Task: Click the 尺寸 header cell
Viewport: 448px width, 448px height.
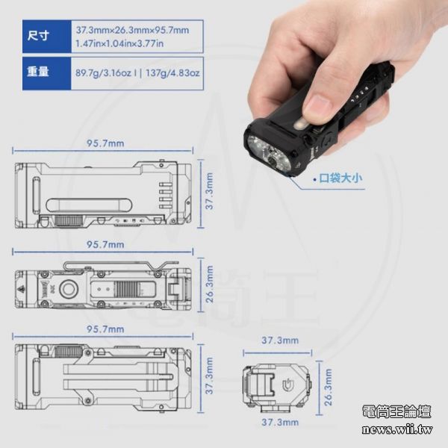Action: pyautogui.click(x=46, y=37)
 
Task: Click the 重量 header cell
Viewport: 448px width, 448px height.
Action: pyautogui.click(x=46, y=73)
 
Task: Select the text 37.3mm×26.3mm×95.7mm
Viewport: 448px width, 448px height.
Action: pyautogui.click(x=132, y=31)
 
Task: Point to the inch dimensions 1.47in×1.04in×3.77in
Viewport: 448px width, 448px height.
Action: pyautogui.click(x=119, y=44)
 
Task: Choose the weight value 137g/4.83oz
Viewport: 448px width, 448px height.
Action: pyautogui.click(x=172, y=73)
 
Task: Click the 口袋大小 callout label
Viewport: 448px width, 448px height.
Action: pyautogui.click(x=340, y=178)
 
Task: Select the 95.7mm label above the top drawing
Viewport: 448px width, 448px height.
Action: pyautogui.click(x=105, y=143)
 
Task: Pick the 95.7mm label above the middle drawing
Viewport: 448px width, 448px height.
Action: pyautogui.click(x=105, y=245)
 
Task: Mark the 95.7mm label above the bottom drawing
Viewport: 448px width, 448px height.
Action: pyautogui.click(x=105, y=329)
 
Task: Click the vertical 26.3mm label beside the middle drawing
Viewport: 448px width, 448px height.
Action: pyautogui.click(x=210, y=284)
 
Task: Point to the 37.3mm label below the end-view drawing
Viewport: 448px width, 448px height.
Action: pyautogui.click(x=280, y=423)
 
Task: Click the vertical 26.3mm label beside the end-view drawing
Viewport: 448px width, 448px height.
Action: pyautogui.click(x=329, y=387)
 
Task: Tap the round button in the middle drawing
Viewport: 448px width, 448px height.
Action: pyautogui.click(x=68, y=290)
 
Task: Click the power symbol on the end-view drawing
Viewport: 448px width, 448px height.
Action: pyautogui.click(x=287, y=385)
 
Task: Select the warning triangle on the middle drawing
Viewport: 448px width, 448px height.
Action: pyautogui.click(x=22, y=290)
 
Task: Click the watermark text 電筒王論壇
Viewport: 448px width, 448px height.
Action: pyautogui.click(x=396, y=411)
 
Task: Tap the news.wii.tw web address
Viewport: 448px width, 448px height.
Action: pyautogui.click(x=397, y=429)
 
